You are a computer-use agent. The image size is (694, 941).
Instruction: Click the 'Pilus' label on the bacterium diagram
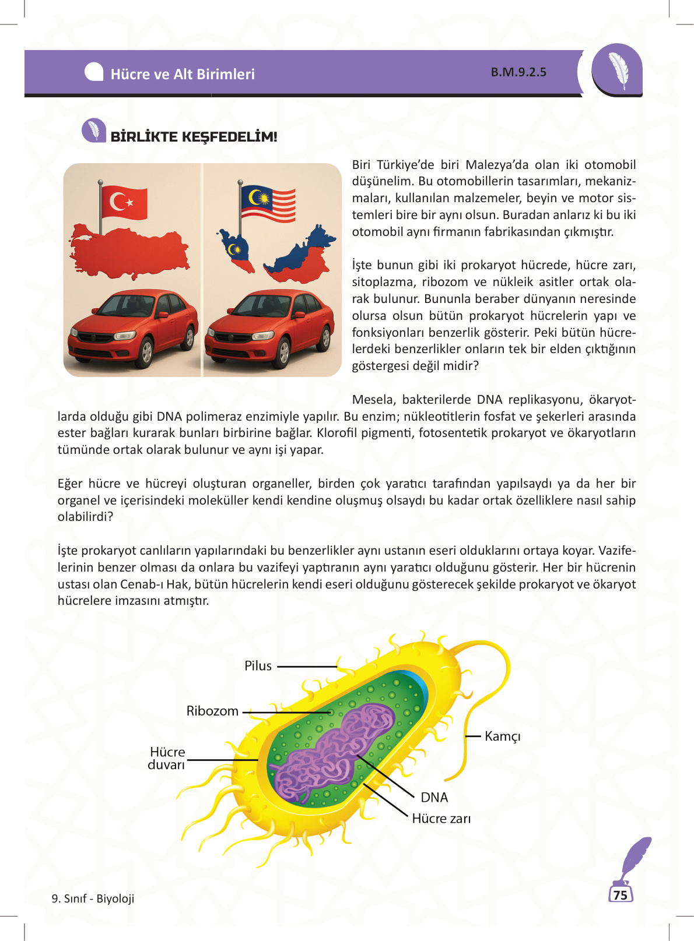coord(258,666)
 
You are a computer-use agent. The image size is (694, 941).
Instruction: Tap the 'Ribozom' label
coord(212,711)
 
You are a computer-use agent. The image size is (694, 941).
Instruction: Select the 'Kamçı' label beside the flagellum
coord(502,736)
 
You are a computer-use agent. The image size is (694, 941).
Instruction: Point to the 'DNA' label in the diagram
coord(434,798)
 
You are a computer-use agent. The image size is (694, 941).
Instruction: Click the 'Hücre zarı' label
coord(441,819)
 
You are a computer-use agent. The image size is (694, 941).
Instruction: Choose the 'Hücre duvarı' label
coord(167,758)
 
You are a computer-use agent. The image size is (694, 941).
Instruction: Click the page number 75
coord(620,895)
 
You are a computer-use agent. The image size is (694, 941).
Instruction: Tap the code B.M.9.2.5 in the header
coord(518,72)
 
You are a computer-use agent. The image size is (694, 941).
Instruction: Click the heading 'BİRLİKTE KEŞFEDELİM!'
coord(194,137)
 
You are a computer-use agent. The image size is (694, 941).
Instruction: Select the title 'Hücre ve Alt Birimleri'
coord(183,74)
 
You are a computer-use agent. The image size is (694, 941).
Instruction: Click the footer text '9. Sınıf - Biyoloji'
coord(93,898)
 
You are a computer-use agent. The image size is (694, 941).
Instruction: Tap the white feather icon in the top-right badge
coord(618,70)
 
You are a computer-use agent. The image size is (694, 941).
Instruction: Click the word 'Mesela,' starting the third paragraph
coord(374,400)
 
